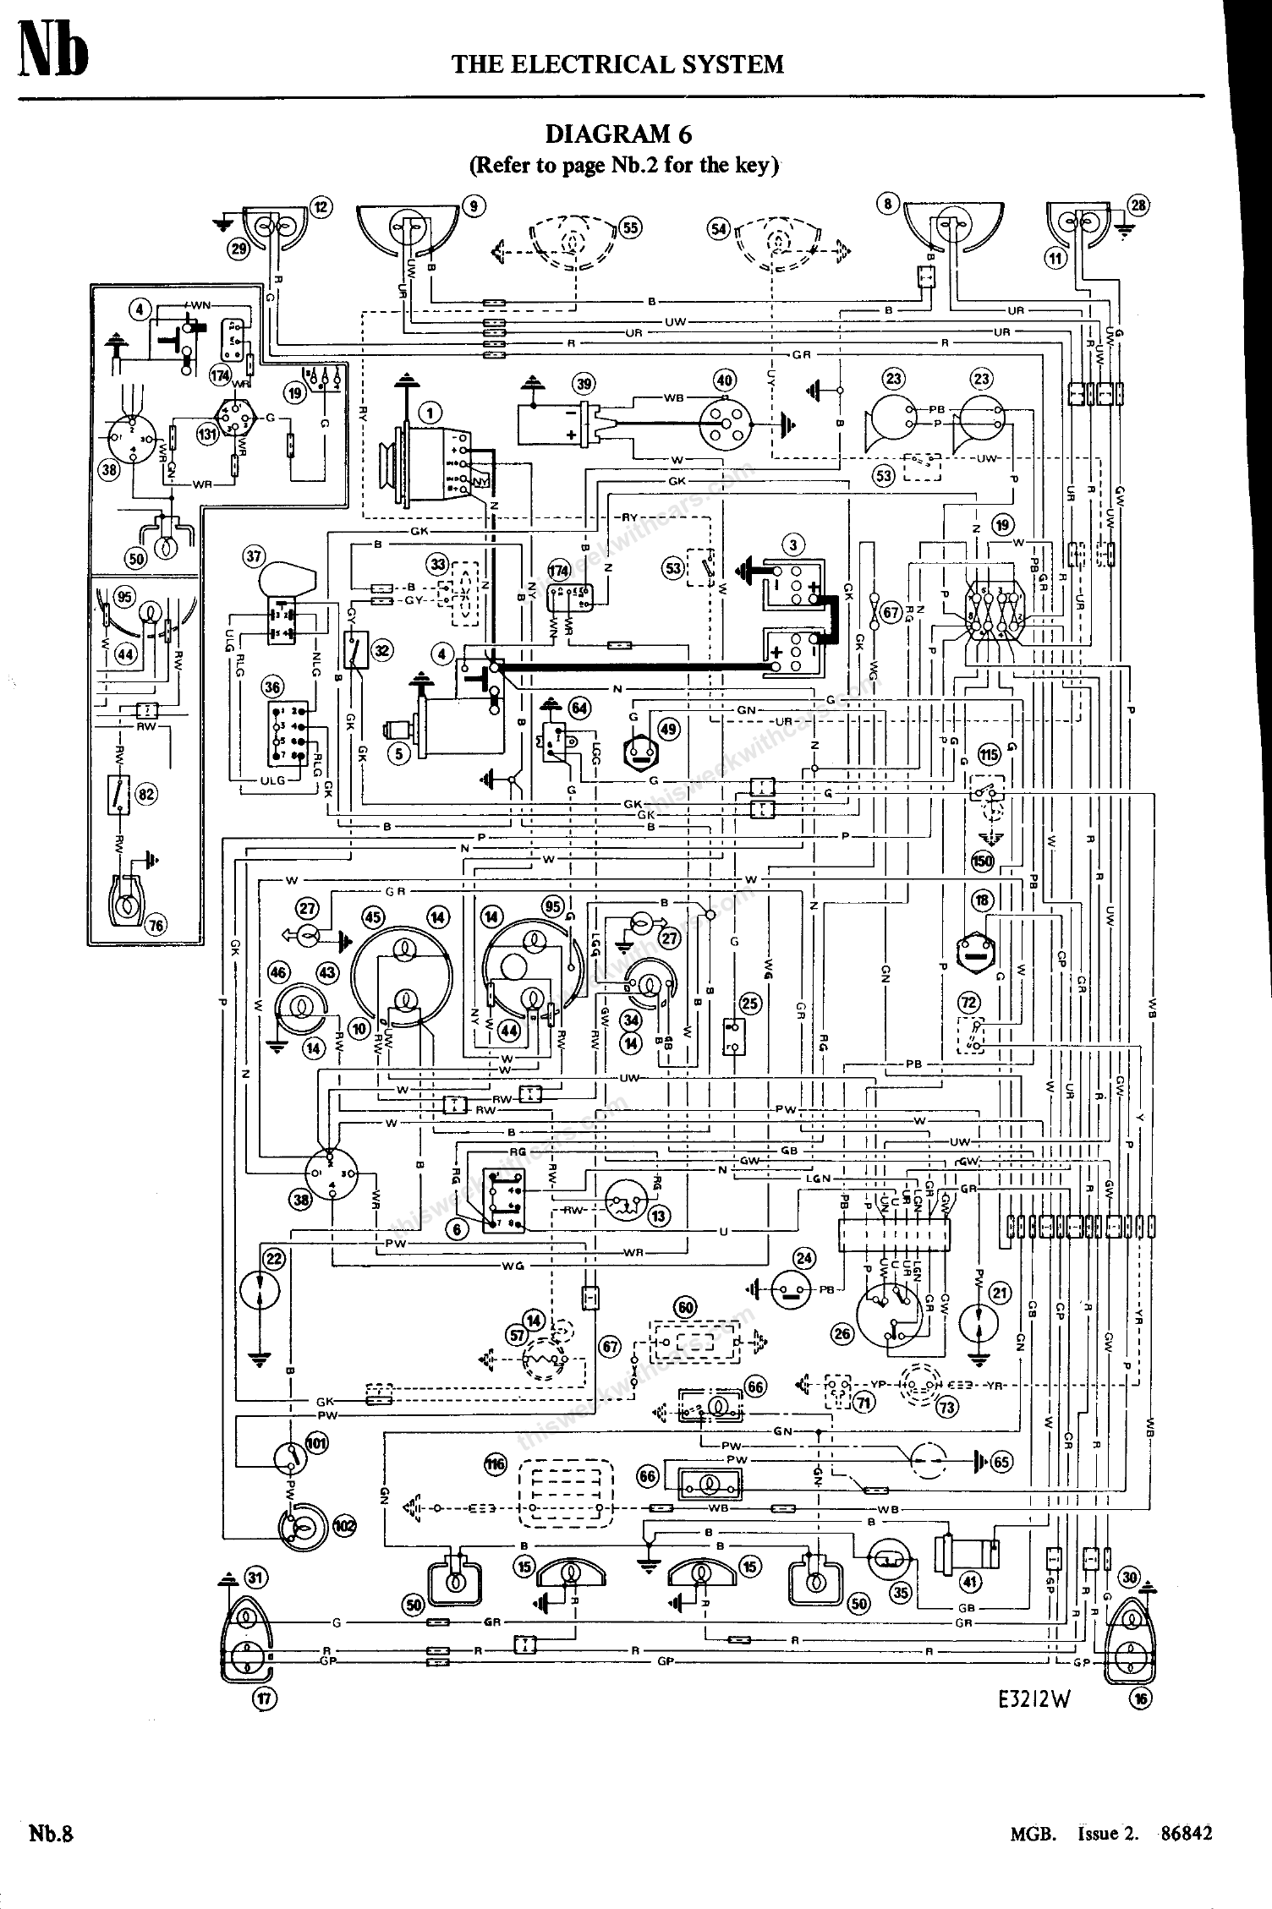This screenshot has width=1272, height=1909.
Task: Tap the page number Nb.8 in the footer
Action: [x=52, y=1833]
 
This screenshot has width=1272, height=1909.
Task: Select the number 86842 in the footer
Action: [x=1187, y=1833]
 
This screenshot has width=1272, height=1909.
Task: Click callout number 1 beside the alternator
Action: [x=430, y=413]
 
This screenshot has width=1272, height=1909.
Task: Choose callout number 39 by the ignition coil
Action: [x=584, y=383]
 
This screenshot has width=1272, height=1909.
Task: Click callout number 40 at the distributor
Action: [x=725, y=380]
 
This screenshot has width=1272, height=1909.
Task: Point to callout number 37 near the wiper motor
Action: [x=254, y=556]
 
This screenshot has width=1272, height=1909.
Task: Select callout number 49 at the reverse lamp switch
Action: [x=668, y=729]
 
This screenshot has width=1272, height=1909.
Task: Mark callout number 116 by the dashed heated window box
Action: [x=496, y=1464]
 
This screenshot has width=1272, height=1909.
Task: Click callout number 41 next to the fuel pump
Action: [x=969, y=1580]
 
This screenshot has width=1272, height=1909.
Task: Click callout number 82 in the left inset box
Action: [x=147, y=794]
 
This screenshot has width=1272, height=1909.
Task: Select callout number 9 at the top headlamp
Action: [x=474, y=205]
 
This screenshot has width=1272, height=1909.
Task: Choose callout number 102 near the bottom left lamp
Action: [x=344, y=1526]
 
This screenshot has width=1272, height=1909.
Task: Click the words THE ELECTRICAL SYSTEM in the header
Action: [x=617, y=64]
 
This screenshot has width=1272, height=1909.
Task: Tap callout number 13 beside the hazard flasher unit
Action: [x=659, y=1216]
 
